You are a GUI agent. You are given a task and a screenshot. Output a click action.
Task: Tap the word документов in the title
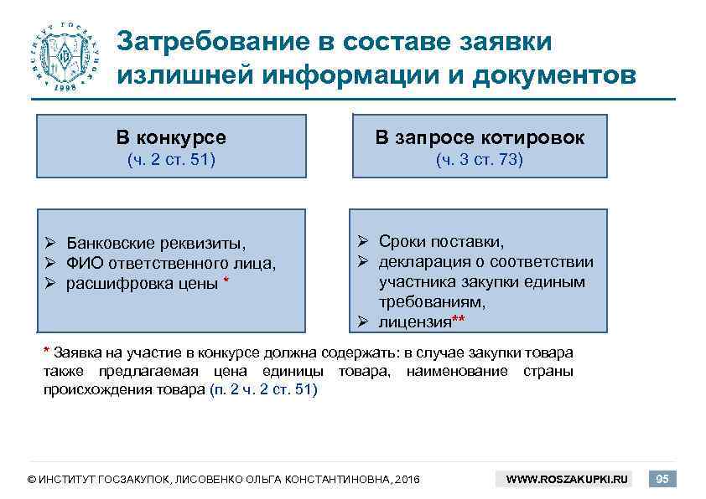(554, 75)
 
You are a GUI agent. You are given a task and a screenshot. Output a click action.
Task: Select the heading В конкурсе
(171, 137)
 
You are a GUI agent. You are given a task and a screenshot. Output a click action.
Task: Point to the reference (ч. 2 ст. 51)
(171, 160)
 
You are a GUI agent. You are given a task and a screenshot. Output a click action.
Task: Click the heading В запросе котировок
(480, 137)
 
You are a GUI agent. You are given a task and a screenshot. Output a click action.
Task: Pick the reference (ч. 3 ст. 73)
(480, 160)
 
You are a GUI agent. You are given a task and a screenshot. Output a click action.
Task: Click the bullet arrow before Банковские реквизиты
(50, 244)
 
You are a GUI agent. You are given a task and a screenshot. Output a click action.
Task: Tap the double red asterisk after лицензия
(458, 318)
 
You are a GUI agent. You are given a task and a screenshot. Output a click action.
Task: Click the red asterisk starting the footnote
(46, 350)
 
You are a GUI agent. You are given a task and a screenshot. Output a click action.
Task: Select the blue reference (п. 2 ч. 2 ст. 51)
(262, 390)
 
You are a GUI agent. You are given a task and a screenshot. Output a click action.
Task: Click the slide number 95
(662, 479)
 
